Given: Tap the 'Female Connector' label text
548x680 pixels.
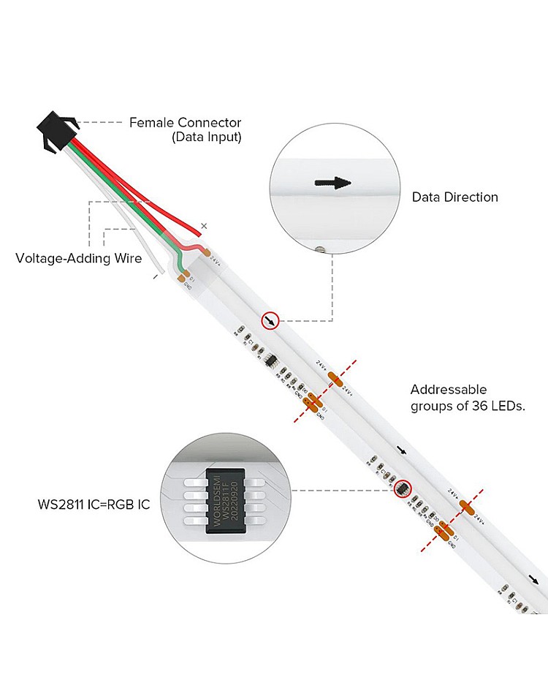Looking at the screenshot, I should pos(185,123).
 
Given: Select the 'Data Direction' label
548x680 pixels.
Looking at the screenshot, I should pos(454,197).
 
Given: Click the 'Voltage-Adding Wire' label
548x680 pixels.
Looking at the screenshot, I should pos(79,258).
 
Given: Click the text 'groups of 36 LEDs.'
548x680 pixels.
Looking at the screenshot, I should pos(467,407).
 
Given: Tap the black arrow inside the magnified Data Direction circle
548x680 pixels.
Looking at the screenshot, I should pos(333,183).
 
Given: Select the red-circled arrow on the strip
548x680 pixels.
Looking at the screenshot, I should pos(271,320).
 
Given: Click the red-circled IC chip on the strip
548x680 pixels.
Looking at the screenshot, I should pos(403,488).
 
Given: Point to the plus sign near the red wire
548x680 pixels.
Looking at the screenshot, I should pos(205,227).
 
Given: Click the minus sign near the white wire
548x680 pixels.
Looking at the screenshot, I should pos(156,277).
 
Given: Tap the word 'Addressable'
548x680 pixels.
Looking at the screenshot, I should pos(448,390).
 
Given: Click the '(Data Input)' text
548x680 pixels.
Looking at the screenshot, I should pos(206,137).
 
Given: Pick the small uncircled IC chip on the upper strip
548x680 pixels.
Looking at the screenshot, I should pos(270,360).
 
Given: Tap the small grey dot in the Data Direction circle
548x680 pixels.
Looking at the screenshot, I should pos(320,249).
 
